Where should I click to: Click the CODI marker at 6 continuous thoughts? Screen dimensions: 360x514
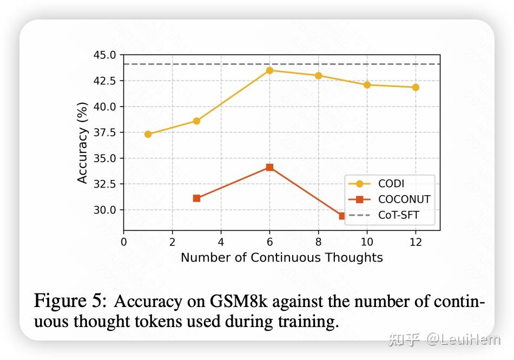coord(269,70)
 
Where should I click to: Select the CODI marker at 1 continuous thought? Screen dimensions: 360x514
coord(148,134)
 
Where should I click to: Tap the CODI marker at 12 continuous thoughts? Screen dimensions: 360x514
coord(416,87)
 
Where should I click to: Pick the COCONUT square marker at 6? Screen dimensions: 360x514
coord(269,168)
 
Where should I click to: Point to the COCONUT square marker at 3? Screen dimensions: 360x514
coord(196,198)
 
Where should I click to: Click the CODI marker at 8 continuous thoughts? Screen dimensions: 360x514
coord(318,76)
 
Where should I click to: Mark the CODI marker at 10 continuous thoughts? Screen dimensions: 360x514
coord(367,85)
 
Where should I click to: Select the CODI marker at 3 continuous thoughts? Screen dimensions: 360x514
coord(196,121)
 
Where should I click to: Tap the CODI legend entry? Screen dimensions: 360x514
coord(389,184)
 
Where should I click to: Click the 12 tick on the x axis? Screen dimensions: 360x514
coord(416,241)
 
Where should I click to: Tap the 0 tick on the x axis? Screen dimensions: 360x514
coord(124,241)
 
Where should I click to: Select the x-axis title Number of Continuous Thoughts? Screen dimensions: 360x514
coord(281,257)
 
